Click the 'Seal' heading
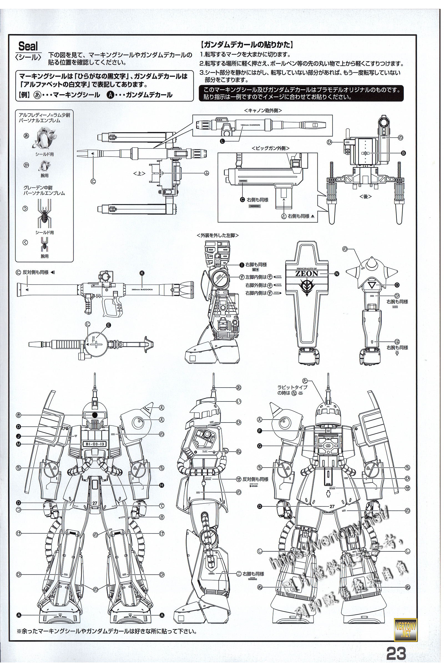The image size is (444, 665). (28, 46)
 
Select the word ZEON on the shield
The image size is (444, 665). (307, 273)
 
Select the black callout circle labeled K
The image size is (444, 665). (142, 273)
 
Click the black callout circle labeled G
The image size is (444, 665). (260, 446)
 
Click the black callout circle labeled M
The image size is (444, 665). (19, 444)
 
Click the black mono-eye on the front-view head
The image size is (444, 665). (95, 415)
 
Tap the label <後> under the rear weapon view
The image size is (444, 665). (365, 196)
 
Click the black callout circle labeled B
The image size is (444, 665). (403, 153)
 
